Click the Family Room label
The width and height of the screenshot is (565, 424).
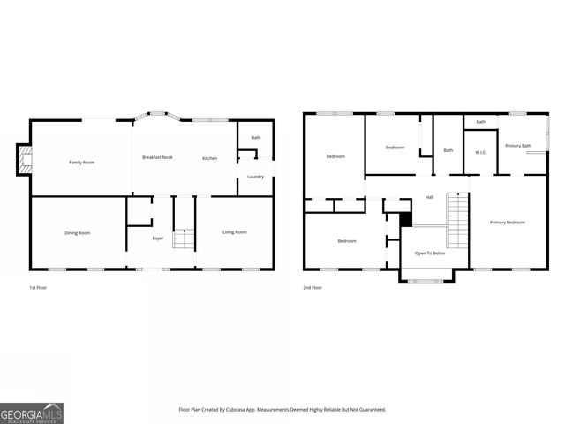82,163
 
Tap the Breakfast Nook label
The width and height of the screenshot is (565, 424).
157,158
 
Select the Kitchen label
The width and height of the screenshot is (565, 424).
209,158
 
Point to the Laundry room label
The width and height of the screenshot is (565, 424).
255,177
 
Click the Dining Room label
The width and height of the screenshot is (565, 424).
78,233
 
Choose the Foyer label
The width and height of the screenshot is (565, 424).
157,238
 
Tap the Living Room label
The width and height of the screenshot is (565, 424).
234,232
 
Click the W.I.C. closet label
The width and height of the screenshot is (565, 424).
481,152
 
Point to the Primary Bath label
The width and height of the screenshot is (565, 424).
518,146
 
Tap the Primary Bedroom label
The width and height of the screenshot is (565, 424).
508,223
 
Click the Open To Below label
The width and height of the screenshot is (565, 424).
430,254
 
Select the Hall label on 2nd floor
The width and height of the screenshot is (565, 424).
429,197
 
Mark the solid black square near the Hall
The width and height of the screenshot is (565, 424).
405,218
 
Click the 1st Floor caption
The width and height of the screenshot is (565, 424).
39,288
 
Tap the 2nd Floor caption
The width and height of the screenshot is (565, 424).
313,288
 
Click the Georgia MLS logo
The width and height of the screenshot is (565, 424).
32,413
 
